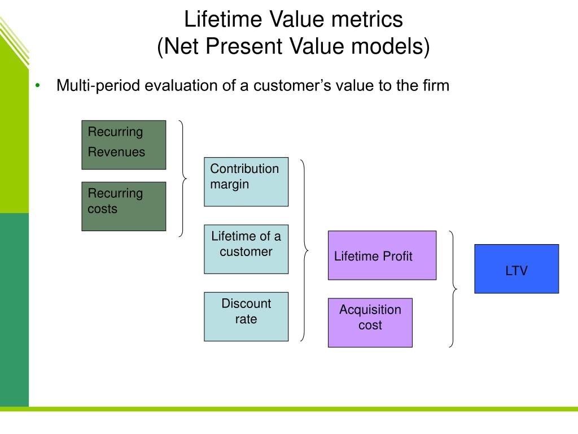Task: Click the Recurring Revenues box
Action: coord(124,145)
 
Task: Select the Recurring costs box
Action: coord(124,206)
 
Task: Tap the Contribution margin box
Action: coord(246,181)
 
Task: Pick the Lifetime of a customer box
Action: coord(246,249)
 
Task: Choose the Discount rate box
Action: coord(246,316)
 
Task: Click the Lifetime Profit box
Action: coord(382,255)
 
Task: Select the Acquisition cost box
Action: coord(370,322)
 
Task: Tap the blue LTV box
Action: coord(516,268)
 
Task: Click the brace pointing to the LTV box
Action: coord(453,289)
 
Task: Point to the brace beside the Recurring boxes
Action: coord(182,179)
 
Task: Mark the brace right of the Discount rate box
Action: coord(305,250)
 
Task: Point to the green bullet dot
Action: coord(38,86)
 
